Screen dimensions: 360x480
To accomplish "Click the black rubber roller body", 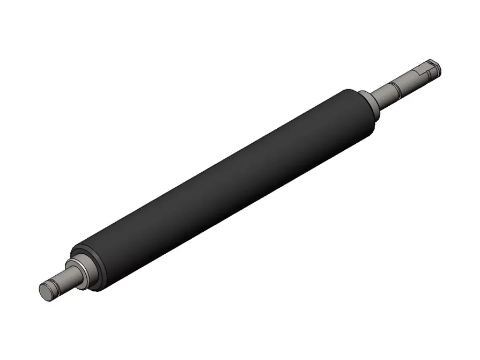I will (225, 188).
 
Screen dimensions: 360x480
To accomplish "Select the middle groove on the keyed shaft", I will (394, 87).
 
